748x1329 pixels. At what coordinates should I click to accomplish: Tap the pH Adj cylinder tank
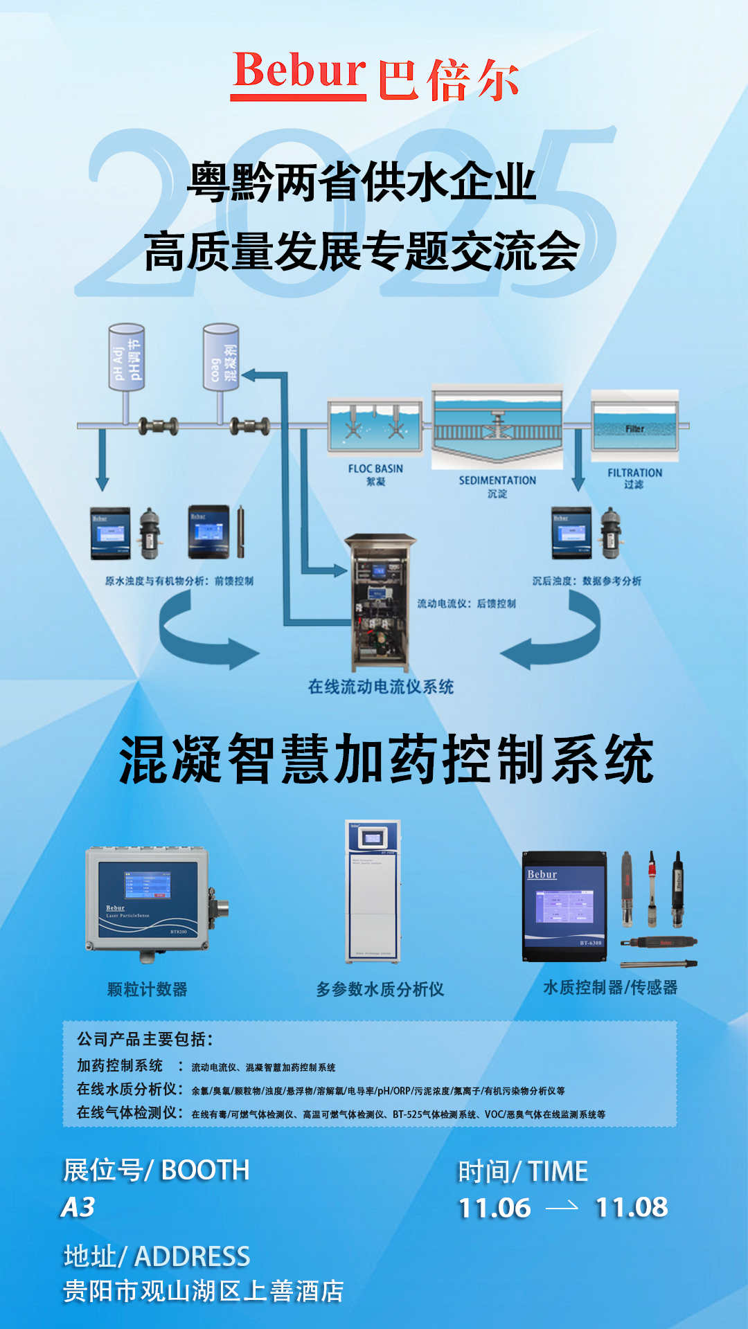(x=126, y=359)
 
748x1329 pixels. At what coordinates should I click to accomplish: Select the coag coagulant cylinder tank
(x=221, y=359)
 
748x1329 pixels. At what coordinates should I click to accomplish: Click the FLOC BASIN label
(x=375, y=469)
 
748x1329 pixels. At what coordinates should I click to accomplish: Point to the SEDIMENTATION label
(x=497, y=480)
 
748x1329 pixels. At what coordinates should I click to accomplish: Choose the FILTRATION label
(x=634, y=473)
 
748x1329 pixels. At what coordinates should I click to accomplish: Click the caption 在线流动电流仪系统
(x=380, y=687)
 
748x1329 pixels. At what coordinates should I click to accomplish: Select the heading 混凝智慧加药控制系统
(x=386, y=759)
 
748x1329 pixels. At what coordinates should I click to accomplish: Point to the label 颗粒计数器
(x=148, y=989)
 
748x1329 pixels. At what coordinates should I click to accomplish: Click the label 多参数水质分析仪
(x=380, y=989)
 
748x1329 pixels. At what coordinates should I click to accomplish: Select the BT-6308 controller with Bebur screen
(x=564, y=906)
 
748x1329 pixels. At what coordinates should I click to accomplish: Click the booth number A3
(x=78, y=1207)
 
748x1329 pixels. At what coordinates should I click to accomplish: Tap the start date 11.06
(x=495, y=1208)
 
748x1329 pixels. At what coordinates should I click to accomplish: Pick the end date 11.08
(x=632, y=1207)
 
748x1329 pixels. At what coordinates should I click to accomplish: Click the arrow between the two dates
(x=562, y=1207)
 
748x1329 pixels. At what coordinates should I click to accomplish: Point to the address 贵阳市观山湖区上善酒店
(x=204, y=1291)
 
